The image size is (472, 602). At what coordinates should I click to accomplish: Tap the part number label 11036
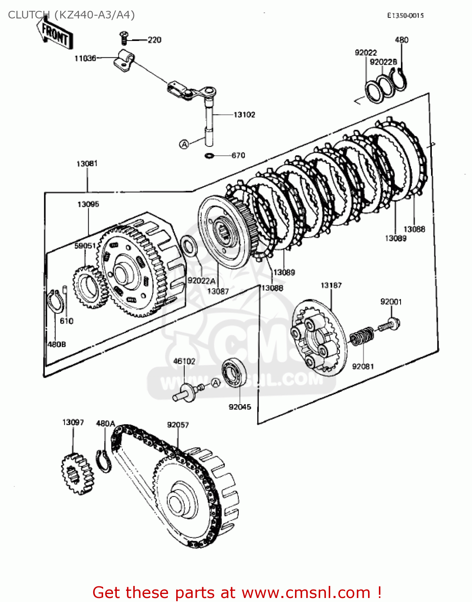pos(85,59)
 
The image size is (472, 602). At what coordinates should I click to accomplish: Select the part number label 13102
pos(244,115)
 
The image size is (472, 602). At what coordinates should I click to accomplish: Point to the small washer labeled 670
pos(210,155)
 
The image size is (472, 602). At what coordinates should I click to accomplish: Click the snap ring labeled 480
pos(400,78)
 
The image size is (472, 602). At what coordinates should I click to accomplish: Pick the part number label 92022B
pos(383,62)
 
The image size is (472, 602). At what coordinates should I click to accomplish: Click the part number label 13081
pos(87,164)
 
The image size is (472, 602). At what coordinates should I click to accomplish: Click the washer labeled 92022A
pos(189,246)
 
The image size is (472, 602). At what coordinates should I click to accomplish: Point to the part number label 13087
pos(218,291)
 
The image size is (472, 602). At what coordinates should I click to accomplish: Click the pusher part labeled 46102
pos(187,392)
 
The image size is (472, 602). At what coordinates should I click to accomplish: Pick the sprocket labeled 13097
pos(77,473)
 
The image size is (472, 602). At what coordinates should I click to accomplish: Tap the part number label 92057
pos(178,425)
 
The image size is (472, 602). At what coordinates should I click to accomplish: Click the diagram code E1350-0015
pos(405,16)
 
